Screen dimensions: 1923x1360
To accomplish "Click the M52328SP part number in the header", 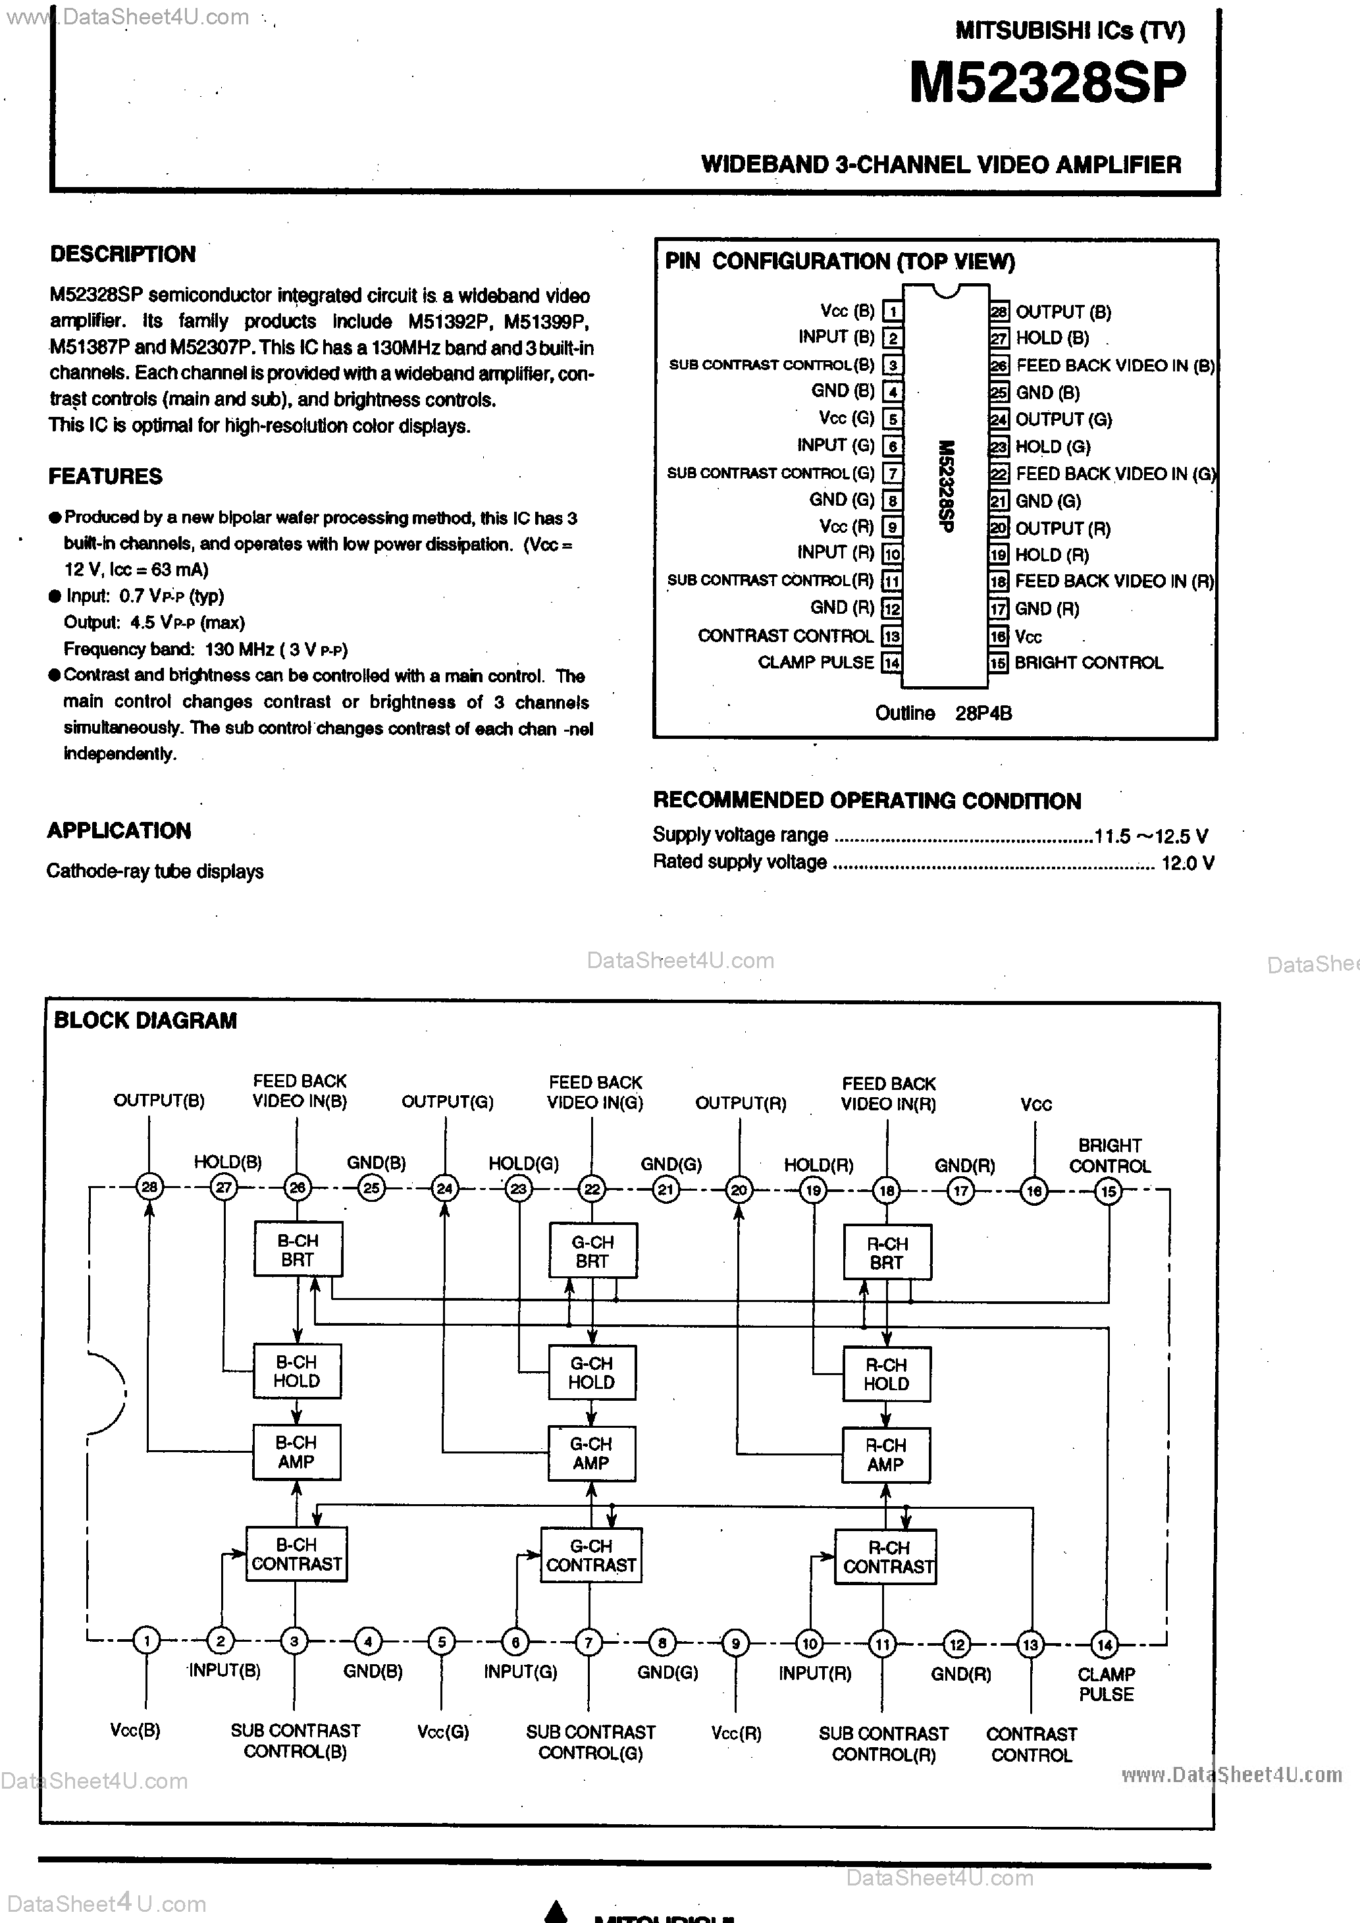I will pos(1047,83).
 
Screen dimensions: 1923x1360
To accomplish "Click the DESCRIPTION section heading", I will pos(122,254).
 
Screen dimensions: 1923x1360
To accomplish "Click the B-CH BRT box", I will pos(298,1249).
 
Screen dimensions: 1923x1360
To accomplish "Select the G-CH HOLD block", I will pos(591,1372).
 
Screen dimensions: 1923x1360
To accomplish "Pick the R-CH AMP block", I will pos(885,1455).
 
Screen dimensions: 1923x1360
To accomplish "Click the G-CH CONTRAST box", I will pos(590,1556).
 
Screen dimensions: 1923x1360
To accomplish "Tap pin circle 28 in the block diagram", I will pos(149,1187).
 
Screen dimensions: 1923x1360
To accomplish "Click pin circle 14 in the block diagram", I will pos(1105,1644).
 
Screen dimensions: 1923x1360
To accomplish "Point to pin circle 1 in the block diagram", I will pos(147,1640).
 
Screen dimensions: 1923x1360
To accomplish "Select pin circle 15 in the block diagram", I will pos(1108,1191).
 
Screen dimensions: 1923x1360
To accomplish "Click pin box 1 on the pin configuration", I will pos(893,312).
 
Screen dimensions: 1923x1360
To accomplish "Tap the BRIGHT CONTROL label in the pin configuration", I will pos(1089,663).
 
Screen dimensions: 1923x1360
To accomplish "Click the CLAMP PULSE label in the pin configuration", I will pos(815,662).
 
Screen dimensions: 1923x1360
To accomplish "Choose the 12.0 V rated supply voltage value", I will pos(1188,863).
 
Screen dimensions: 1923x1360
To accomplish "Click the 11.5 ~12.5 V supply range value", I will pos(1151,836).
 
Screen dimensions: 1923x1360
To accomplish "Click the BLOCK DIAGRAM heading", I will pos(145,1020).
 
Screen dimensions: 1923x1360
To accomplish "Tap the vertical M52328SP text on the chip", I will pos(945,487).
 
